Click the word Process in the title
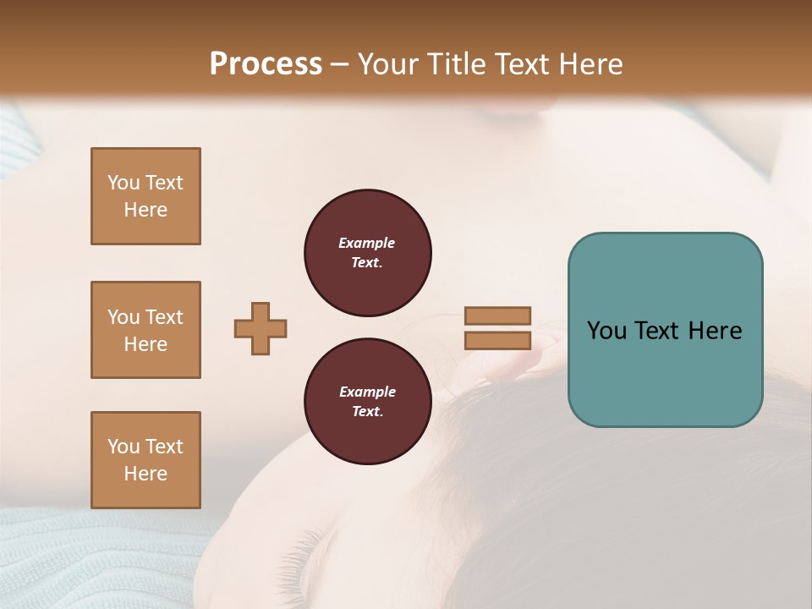click(x=266, y=64)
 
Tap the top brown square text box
click(x=145, y=196)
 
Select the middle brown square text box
click(x=145, y=330)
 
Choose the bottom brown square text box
click(x=145, y=460)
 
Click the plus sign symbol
click(x=261, y=328)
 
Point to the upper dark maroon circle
click(x=367, y=253)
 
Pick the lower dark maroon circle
click(x=367, y=402)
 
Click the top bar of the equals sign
click(x=497, y=315)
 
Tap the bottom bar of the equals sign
click(x=497, y=341)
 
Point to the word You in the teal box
click(x=606, y=331)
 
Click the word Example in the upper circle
click(x=367, y=243)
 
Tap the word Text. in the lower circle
click(x=367, y=412)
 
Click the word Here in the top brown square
click(x=145, y=210)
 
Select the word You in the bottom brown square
click(x=123, y=447)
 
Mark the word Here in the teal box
click(x=716, y=331)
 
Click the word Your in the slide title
click(x=387, y=64)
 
